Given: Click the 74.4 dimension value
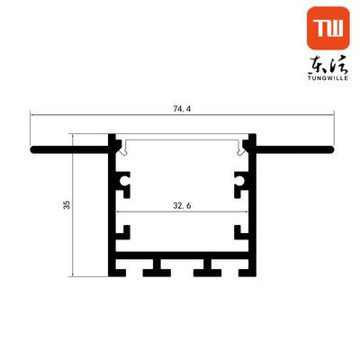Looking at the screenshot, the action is click(182, 109).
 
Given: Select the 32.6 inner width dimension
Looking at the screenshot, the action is click(182, 206).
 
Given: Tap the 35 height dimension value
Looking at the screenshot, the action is click(67, 204).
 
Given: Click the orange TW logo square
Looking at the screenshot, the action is click(328, 28).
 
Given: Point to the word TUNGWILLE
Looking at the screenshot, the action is click(328, 78).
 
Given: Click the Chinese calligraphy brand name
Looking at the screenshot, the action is click(328, 65).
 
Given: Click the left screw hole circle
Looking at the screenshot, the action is click(124, 181).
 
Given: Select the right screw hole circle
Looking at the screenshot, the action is click(239, 181).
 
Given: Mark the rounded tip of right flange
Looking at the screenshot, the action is click(330, 149).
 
